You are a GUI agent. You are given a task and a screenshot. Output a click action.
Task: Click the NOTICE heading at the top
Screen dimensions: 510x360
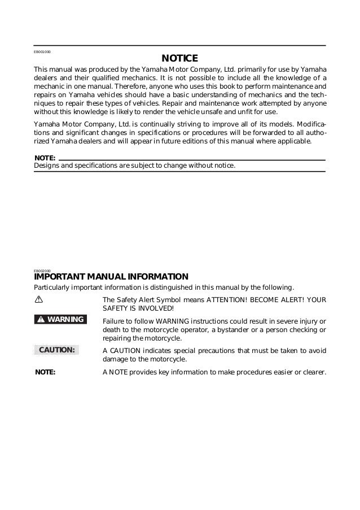tap(179, 59)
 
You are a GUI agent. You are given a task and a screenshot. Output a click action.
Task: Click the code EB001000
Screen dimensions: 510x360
tap(42, 51)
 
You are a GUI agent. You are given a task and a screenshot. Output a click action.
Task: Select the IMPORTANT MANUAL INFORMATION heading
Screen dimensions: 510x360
tap(111, 277)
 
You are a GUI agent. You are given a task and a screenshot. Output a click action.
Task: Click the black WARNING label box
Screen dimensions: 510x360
tap(60, 320)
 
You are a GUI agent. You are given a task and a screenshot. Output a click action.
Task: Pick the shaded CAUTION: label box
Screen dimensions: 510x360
tap(56, 350)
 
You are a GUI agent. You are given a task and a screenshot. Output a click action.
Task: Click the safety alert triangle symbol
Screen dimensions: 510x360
tap(38, 299)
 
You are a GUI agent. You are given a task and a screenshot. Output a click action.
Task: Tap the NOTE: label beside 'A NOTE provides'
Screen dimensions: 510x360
tap(45, 372)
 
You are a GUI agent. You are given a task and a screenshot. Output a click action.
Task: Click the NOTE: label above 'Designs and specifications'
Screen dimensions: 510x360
tap(45, 157)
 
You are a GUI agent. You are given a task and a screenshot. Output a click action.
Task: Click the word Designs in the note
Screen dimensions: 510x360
tap(47, 165)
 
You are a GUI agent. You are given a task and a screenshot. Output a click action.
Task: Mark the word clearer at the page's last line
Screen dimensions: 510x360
tap(314, 373)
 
